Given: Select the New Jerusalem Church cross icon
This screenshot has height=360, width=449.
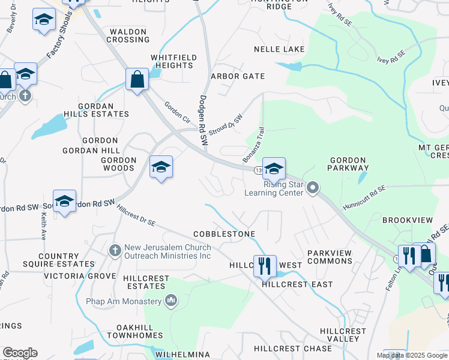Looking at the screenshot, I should pyautogui.click(x=115, y=248).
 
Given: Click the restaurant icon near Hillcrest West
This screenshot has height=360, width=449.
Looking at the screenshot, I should pyautogui.click(x=265, y=265).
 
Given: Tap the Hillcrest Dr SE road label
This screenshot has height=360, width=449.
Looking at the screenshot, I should pyautogui.click(x=136, y=216).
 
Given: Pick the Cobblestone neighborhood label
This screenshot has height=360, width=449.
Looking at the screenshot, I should pyautogui.click(x=224, y=233).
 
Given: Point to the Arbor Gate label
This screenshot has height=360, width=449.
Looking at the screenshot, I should pyautogui.click(x=238, y=76).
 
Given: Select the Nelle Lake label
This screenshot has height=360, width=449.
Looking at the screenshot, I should pyautogui.click(x=279, y=49).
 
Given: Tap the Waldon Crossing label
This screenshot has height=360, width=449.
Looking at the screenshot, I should pyautogui.click(x=128, y=35).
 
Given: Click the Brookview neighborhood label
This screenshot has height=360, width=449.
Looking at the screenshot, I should pyautogui.click(x=404, y=220).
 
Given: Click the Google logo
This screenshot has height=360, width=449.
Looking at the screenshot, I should pyautogui.click(x=20, y=353).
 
